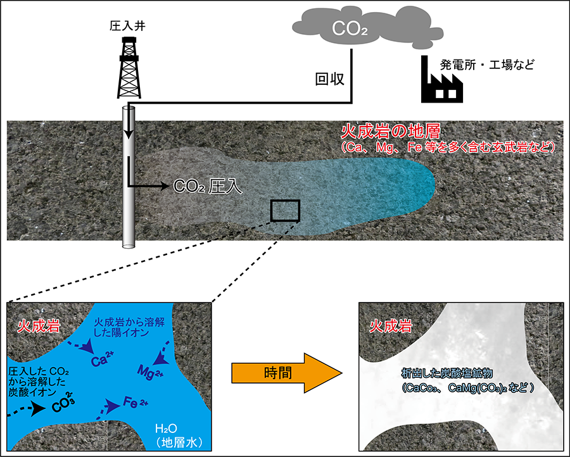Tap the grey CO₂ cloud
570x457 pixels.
coord(347,29)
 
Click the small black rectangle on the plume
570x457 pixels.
coord(285,211)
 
